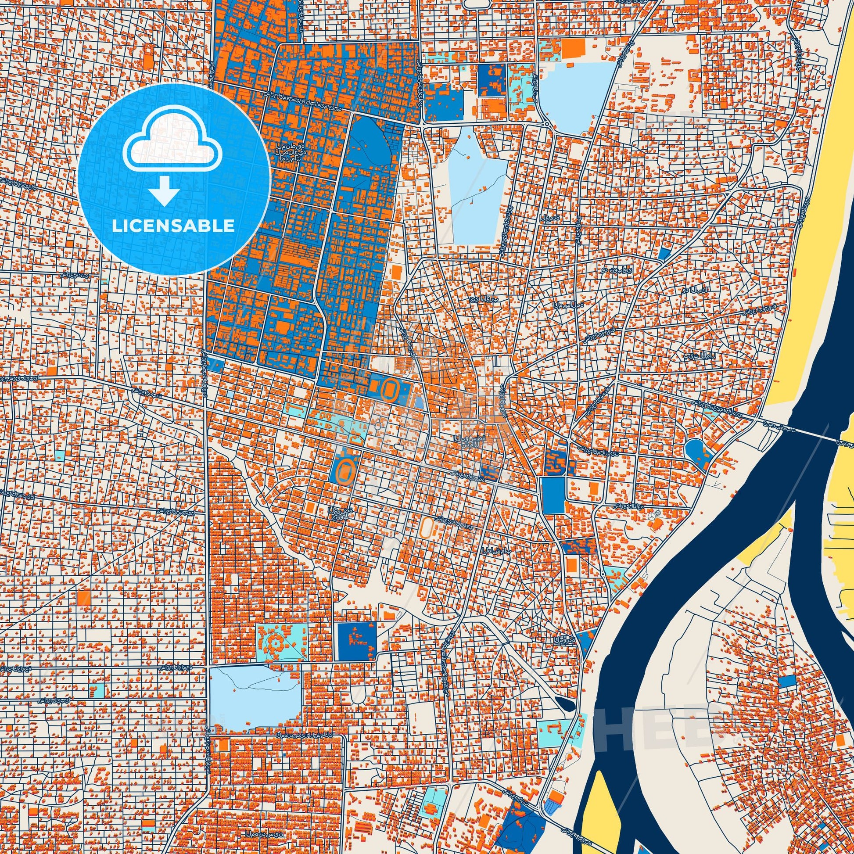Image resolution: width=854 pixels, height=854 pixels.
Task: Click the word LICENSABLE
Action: (x=173, y=226)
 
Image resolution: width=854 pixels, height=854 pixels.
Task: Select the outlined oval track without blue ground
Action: (x=427, y=526)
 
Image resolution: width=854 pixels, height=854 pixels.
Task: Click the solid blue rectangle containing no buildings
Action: (x=553, y=495)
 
